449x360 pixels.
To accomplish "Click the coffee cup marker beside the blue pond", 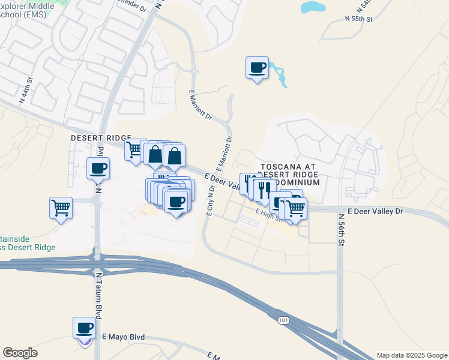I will (258, 68).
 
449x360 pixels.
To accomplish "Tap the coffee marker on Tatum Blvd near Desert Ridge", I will (98, 169).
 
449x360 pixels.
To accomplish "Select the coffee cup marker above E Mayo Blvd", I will (85, 328).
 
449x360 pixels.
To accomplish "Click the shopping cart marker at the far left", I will (61, 208).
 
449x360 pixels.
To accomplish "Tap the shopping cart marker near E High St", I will (295, 209).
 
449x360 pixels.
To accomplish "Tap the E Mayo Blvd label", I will (124, 338).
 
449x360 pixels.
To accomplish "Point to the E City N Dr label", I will (211, 199).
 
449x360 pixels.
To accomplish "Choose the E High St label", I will (268, 215).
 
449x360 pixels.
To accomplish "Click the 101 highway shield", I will (283, 321).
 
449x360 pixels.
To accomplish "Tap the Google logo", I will (20, 353).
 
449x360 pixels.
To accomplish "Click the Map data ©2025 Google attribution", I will (412, 355).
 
